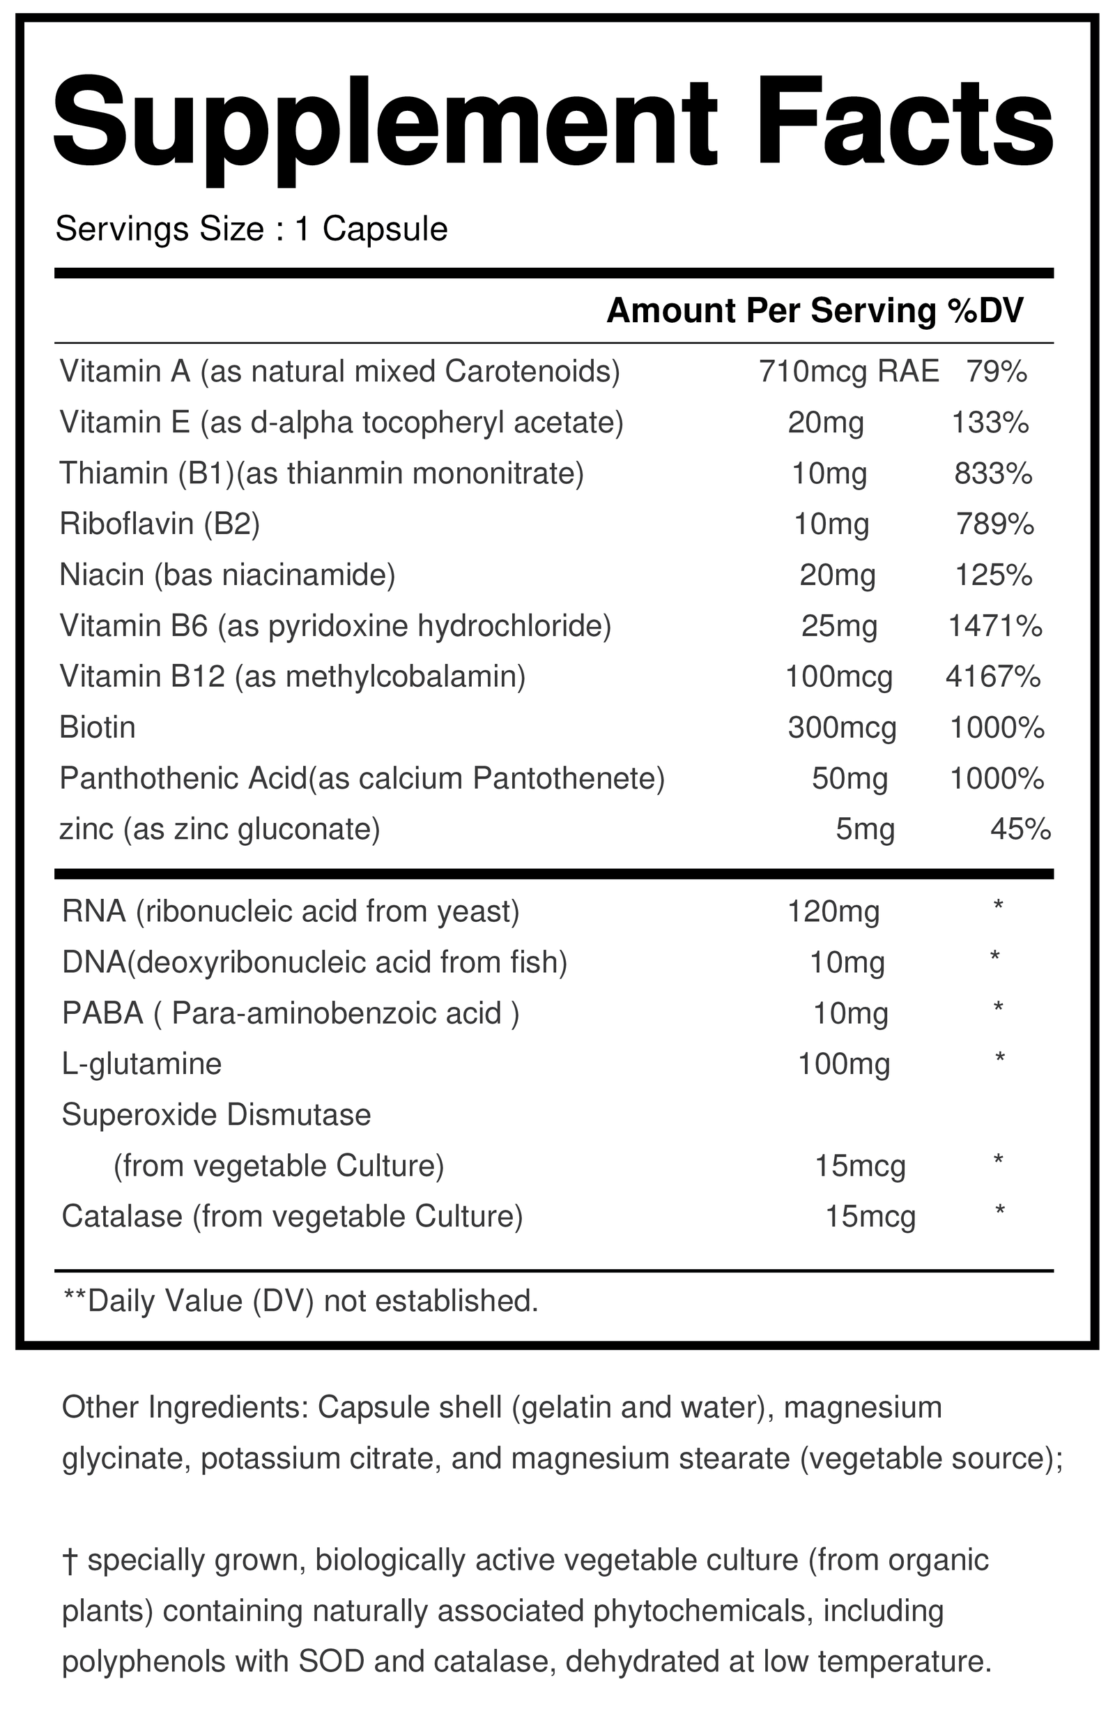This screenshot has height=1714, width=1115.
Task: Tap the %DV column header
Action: pos(985,311)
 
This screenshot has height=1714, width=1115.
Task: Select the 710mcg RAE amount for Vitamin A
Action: pos(849,372)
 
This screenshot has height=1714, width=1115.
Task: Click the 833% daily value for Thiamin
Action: pos(993,474)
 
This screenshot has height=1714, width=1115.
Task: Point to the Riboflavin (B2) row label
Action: pos(160,524)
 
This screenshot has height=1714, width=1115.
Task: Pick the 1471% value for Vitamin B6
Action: pos(995,627)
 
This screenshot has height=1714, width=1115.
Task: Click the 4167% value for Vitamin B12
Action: pos(992,677)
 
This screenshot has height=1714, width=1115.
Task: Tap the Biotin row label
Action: pos(98,727)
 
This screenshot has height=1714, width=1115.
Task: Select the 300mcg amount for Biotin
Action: pos(843,728)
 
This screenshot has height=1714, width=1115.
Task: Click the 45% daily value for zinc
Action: pos(1021,830)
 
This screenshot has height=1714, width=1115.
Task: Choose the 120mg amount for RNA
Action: pos(833,911)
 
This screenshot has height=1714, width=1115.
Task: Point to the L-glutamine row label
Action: pos(141,1063)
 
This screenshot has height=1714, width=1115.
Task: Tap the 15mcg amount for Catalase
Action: pos(870,1217)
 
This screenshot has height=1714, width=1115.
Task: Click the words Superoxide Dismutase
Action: pos(217,1115)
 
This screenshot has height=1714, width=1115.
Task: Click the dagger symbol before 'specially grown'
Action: pos(70,1561)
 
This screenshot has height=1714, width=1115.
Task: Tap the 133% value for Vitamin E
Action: pos(990,423)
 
